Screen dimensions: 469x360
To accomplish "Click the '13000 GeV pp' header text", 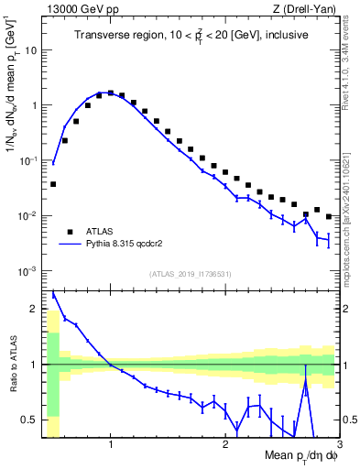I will (78, 9).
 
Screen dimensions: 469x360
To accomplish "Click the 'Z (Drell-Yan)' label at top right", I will (309, 9).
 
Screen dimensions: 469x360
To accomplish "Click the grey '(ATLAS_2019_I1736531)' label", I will (191, 274).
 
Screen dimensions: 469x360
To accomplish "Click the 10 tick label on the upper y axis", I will (30, 49).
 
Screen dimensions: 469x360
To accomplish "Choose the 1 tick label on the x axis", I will (111, 444).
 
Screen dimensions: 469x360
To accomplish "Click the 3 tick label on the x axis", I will (338, 444).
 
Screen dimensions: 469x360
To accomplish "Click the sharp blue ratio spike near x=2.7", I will (305, 378).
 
